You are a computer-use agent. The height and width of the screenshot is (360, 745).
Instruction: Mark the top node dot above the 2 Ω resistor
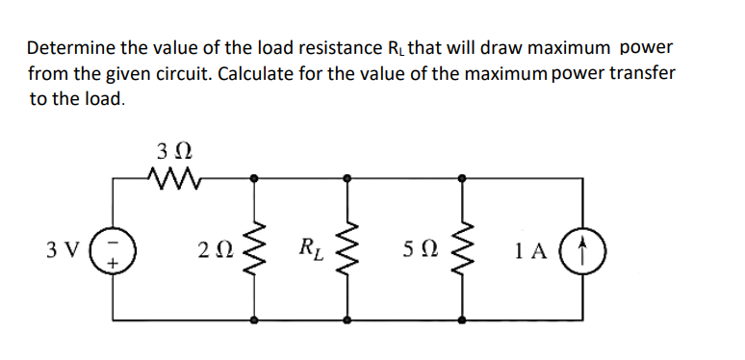click(255, 178)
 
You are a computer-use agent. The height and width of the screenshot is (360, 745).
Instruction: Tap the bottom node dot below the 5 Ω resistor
click(463, 319)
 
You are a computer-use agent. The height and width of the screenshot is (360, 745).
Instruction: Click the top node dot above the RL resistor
click(347, 178)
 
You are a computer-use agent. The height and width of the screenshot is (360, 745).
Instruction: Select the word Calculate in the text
click(258, 72)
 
